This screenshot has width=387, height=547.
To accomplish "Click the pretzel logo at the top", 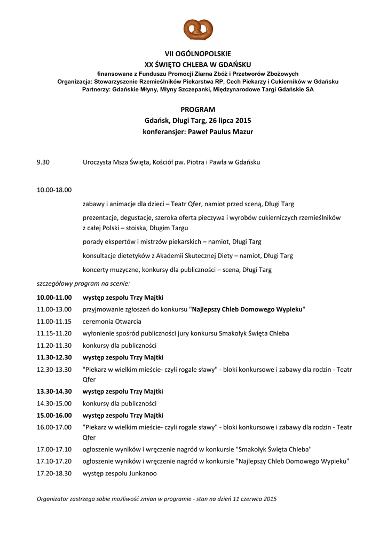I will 198,29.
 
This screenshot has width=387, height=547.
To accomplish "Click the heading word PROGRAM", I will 198,110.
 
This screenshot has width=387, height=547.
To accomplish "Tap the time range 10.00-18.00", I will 54,190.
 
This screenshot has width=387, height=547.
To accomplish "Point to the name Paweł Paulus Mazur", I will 220,131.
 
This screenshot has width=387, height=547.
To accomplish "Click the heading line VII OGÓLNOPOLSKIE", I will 198,54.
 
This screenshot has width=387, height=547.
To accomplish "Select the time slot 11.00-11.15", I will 54,322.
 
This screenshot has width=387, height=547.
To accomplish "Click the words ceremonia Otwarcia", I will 112,322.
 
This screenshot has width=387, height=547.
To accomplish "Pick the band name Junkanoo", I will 141,473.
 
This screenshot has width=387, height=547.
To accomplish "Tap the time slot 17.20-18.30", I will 54,473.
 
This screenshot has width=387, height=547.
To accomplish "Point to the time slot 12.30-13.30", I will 54,370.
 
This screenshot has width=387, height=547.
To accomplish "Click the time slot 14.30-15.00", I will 54,403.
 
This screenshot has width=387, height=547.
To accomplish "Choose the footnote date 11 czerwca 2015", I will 251,499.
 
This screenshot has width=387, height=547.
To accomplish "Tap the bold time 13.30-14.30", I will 54,392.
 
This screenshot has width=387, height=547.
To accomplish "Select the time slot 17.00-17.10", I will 54,449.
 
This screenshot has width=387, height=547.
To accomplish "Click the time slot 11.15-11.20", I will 54,333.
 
